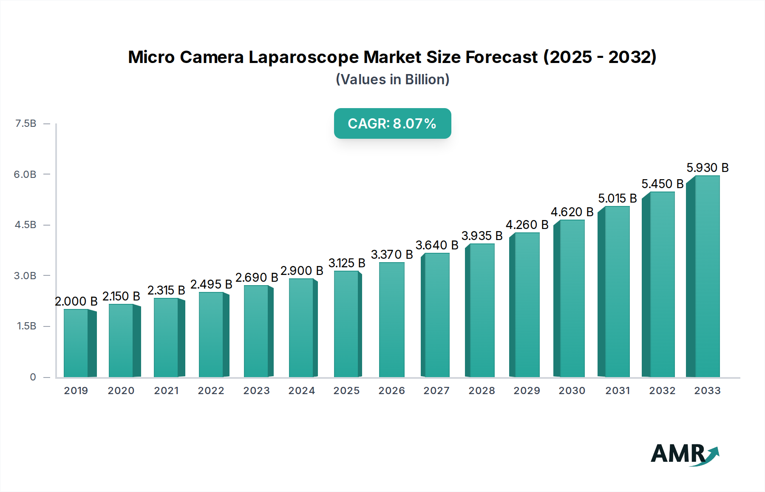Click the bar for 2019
click(x=76, y=343)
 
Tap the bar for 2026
click(x=391, y=320)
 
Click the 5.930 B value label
click(x=707, y=168)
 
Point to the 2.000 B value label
click(x=76, y=301)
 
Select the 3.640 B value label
click(x=436, y=245)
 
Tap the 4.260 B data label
click(x=527, y=225)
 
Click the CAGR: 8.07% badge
click(x=392, y=123)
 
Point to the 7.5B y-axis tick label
click(x=25, y=123)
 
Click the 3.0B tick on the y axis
click(x=25, y=275)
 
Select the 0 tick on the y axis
click(x=33, y=377)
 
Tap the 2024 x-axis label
click(x=301, y=391)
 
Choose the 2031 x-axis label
click(x=617, y=391)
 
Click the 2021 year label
click(x=166, y=391)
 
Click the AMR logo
click(x=684, y=454)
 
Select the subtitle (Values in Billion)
click(x=392, y=80)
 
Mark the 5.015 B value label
click(x=617, y=198)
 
